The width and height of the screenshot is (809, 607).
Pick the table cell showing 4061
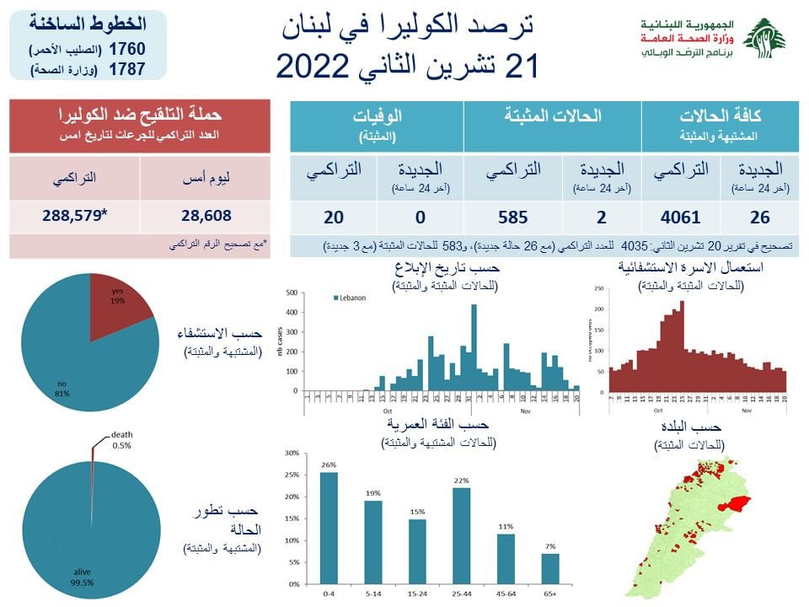tap(680, 218)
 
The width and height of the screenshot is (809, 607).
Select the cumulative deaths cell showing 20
tap(334, 218)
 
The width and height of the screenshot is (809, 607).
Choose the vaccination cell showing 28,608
tap(206, 215)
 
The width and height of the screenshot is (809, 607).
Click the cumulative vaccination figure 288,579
tap(77, 215)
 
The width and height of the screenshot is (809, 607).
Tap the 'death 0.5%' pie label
tap(121, 440)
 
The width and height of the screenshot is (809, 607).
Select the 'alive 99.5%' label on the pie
tap(82, 576)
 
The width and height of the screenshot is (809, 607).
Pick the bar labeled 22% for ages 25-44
tap(461, 535)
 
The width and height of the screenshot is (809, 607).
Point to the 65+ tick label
tap(549, 594)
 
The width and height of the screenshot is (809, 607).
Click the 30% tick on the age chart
tap(292, 453)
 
